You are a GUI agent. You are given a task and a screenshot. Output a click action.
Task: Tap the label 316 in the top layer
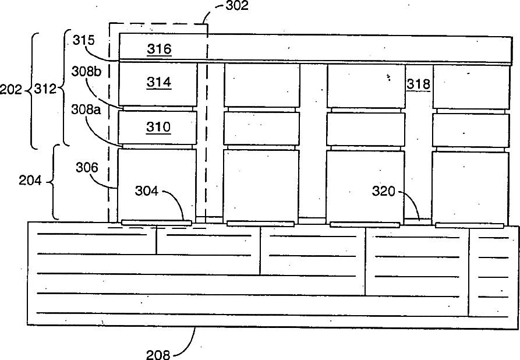tap(159, 49)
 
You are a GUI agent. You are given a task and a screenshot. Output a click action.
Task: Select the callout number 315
tap(83, 40)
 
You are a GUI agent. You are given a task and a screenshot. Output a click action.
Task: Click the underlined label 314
tap(159, 83)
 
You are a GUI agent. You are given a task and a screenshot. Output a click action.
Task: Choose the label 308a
tap(85, 110)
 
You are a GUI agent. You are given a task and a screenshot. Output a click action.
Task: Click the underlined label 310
tap(159, 126)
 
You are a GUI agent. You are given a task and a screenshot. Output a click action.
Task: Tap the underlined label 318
tap(419, 84)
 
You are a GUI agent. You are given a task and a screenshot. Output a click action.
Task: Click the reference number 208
tap(158, 353)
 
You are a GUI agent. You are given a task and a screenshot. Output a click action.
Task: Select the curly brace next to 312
tap(65, 87)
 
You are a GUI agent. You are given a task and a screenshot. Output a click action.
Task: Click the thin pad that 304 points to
tap(156, 222)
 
